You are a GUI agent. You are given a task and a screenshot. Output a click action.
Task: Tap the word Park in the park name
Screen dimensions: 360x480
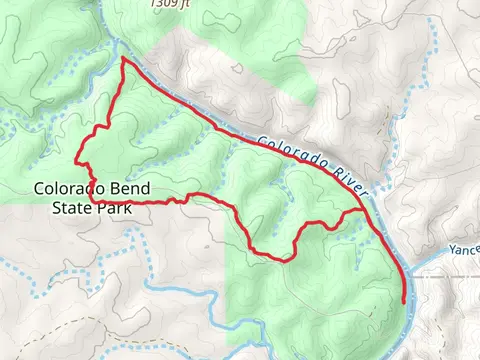tap(114, 209)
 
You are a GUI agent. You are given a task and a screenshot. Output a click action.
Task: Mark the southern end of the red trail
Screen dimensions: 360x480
tap(403, 301)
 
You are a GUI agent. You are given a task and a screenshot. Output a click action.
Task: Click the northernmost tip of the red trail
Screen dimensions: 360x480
tap(123, 59)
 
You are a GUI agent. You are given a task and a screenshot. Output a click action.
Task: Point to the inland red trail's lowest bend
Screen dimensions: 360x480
tap(284, 260)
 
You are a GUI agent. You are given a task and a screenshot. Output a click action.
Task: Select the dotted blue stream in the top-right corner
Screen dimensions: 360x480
tap(436, 40)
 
